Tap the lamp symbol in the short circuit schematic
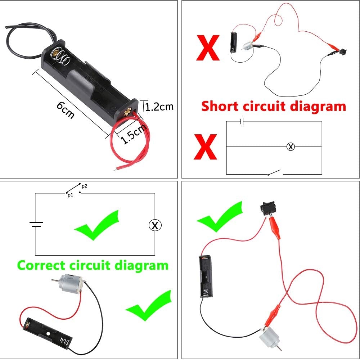coord(291,147)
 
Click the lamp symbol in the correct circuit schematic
coord(155,225)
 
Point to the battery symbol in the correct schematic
coord(36,224)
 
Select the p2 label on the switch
coord(84,186)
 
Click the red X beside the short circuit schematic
coord(205,147)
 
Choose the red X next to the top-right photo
coord(207,48)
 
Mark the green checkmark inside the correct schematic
coord(96,225)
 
